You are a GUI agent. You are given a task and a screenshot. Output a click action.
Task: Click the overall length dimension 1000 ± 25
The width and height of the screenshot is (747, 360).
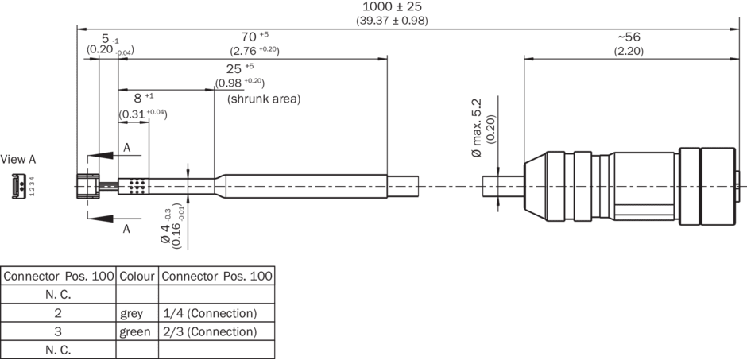pos(391,6)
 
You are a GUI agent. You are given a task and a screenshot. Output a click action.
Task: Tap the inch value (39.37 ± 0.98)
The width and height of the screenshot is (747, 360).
pos(391,20)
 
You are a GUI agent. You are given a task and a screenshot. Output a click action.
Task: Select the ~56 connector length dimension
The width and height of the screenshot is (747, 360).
pos(628,37)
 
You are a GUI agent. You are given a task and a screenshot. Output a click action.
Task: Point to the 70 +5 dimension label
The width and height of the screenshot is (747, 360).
pos(254,37)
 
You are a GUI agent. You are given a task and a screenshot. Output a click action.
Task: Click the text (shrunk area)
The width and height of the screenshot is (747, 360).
pos(264,99)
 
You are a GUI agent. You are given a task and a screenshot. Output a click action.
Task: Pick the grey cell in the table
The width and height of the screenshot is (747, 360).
pos(131,313)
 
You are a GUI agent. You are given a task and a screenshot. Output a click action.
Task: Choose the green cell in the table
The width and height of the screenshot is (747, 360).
pos(134,331)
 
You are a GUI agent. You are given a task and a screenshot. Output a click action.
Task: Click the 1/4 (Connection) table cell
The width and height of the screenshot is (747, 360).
pos(209,313)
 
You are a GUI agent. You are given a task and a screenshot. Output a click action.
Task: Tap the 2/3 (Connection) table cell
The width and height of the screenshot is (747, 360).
pos(209,331)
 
